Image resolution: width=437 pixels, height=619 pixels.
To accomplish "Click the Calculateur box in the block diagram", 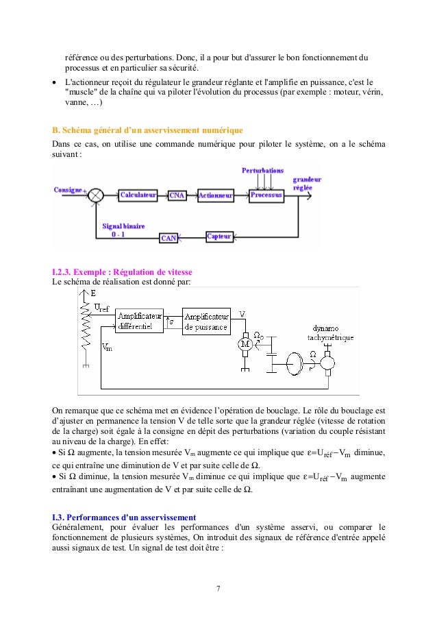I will coord(138,195).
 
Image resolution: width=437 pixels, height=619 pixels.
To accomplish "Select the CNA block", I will coord(177,195).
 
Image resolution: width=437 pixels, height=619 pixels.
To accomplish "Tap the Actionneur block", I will coord(216,195).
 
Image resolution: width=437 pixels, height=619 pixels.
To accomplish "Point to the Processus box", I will coord(266,195).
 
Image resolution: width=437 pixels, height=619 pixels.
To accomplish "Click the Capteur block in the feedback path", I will coord(219,236).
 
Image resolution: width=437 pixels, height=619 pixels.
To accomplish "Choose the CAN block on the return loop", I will coord(168,238).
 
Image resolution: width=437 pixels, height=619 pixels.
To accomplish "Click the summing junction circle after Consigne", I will coord(97,195).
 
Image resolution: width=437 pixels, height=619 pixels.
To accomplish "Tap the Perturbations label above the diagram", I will coord(262,169).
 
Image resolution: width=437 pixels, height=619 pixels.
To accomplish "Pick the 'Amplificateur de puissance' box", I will coord(207,321).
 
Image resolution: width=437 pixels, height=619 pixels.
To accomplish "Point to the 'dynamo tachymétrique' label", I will coord(332,332).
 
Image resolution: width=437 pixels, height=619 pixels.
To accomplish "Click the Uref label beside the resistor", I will coord(102,309).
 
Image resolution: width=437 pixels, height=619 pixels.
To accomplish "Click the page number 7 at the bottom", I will coord(218,587).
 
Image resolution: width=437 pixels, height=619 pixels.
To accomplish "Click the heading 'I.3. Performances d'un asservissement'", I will coord(124,516).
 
